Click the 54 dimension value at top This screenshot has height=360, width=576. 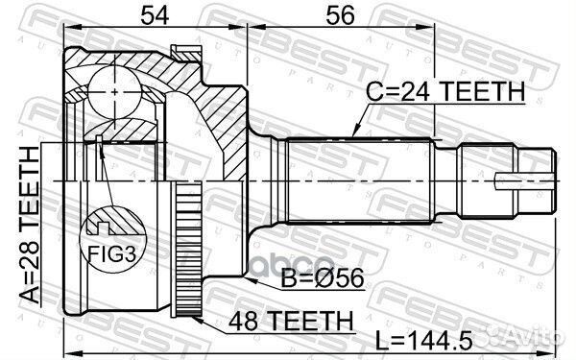pos(155,15)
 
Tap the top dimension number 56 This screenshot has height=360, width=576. pos(340,15)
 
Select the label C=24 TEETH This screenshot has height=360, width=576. pos(445,91)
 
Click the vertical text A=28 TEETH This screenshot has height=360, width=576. pos(30,225)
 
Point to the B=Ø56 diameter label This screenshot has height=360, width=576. pos(323,277)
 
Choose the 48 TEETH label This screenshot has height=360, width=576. pos(291,321)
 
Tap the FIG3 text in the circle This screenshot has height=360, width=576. pos(111,253)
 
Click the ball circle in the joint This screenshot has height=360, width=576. pos(114,92)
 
